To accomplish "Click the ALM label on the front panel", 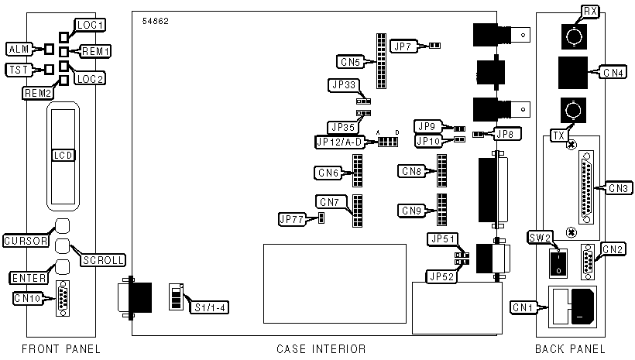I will click(x=17, y=50).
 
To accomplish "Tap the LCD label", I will click(x=63, y=156).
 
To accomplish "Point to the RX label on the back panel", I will click(x=590, y=11).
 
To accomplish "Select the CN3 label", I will click(x=620, y=187).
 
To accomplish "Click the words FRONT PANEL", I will click(x=61, y=349).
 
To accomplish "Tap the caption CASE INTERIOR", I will click(x=321, y=349).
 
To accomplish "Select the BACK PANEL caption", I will click(x=570, y=349).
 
